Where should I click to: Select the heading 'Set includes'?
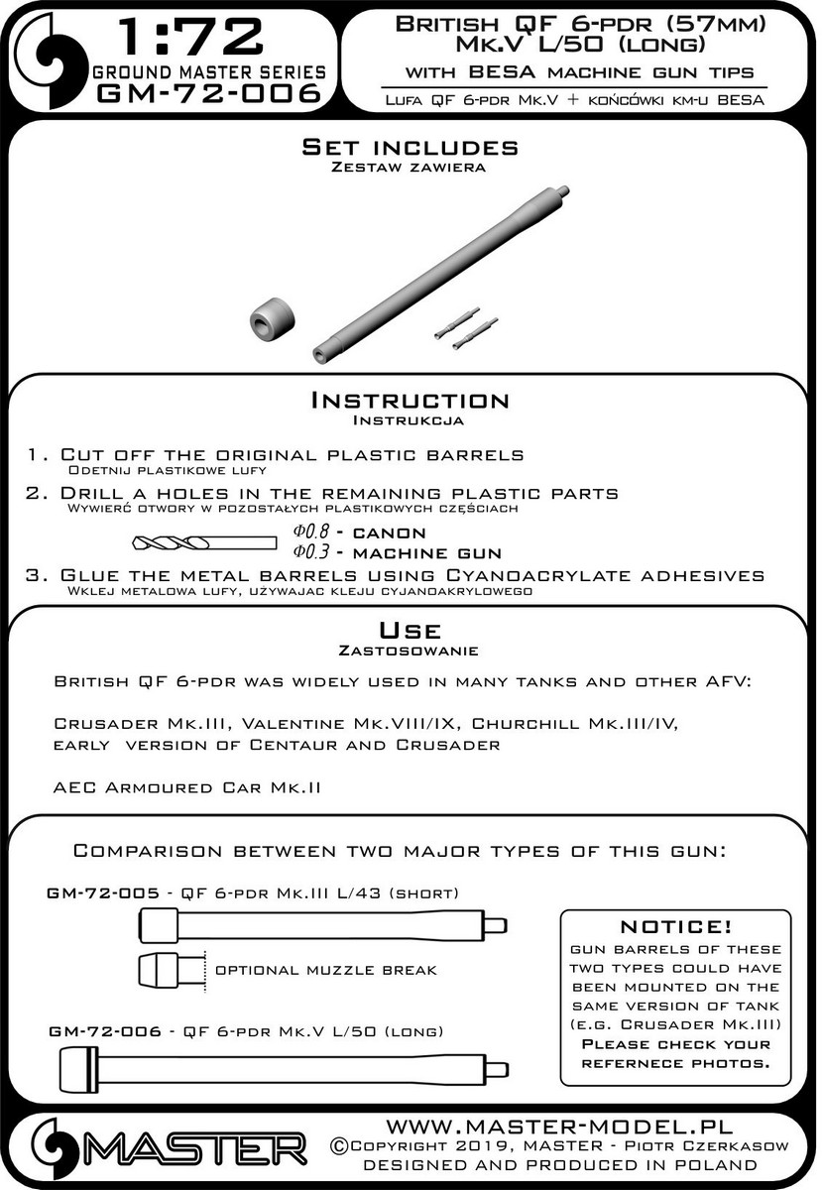point(410,148)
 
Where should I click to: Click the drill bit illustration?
point(205,542)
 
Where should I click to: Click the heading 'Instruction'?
point(410,401)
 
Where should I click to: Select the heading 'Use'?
point(410,631)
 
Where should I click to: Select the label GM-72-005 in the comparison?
point(103,892)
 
